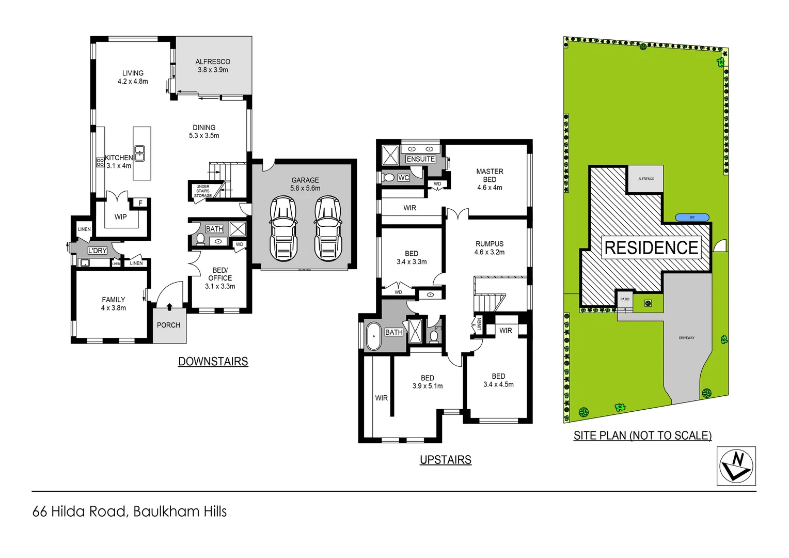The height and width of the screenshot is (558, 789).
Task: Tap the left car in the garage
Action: pyautogui.click(x=283, y=229)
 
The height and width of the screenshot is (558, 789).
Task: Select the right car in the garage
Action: pyautogui.click(x=327, y=229)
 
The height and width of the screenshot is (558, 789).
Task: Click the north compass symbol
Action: pyautogui.click(x=736, y=466)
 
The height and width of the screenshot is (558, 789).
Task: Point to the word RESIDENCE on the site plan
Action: pyautogui.click(x=651, y=248)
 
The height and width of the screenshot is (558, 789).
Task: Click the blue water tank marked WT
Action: pyautogui.click(x=692, y=218)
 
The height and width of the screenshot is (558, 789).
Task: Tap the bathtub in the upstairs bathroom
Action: pyautogui.click(x=373, y=336)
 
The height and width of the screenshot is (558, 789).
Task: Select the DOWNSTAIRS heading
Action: pyautogui.click(x=213, y=362)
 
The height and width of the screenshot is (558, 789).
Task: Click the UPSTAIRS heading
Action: pyautogui.click(x=445, y=460)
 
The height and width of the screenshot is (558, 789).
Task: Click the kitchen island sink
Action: pyautogui.click(x=139, y=153)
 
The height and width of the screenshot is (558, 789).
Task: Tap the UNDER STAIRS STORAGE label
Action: pyautogui.click(x=203, y=191)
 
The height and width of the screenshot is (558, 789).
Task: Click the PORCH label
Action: pyautogui.click(x=168, y=325)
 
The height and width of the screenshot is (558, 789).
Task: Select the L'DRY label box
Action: pyautogui.click(x=97, y=251)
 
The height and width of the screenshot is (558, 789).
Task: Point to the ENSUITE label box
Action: pyautogui.click(x=420, y=159)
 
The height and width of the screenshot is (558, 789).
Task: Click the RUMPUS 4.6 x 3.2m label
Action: pyautogui.click(x=490, y=248)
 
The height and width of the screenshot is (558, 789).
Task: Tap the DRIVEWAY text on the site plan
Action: pyautogui.click(x=686, y=338)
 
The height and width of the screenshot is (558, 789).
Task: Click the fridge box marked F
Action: pyautogui.click(x=140, y=203)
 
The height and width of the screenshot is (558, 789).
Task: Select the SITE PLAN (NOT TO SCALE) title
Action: pyautogui.click(x=642, y=436)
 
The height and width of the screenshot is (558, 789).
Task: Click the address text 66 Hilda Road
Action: pyautogui.click(x=80, y=512)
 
